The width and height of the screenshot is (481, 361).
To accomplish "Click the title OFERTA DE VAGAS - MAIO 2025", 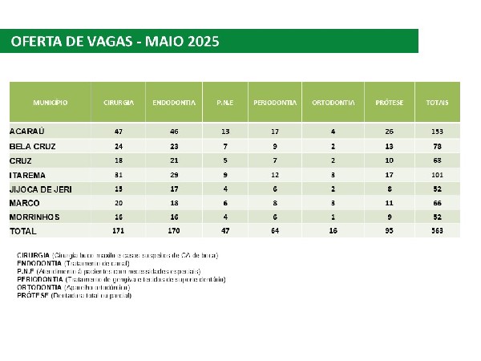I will click(115, 41).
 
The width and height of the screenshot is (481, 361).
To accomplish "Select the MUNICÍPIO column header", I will click(50, 103).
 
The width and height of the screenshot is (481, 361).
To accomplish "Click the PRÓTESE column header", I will click(389, 103).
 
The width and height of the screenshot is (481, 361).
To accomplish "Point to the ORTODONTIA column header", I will click(333, 103).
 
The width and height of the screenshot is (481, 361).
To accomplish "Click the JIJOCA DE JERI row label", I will click(41, 188).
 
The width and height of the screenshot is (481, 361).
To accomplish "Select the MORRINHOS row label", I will click(36, 217).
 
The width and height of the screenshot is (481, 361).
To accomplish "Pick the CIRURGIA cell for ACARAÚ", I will click(119, 131).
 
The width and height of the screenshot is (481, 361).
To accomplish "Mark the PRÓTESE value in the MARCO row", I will click(389, 202).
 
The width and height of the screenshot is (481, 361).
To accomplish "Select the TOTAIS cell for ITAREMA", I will click(438, 174).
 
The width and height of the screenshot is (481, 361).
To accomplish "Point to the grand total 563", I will click(438, 231).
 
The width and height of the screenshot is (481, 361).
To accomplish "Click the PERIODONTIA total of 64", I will click(275, 231).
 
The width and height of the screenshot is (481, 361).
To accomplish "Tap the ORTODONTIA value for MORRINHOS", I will click(333, 217).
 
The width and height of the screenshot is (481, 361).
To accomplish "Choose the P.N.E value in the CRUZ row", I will click(224, 160).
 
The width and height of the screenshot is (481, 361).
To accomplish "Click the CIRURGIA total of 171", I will click(119, 231).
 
